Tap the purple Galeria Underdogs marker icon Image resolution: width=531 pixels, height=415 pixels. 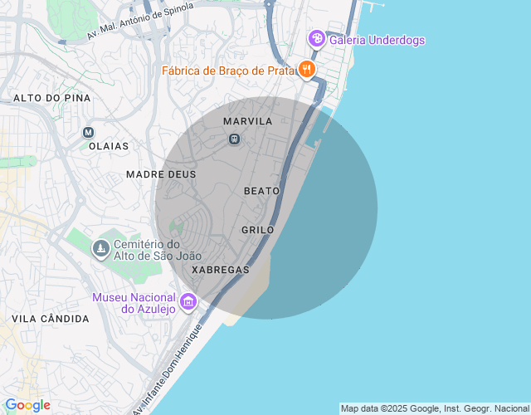(315, 38)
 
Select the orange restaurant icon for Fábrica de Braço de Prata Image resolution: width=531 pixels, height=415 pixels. (307, 70)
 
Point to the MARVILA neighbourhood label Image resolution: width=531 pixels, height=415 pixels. (248, 121)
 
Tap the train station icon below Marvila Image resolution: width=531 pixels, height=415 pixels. (235, 139)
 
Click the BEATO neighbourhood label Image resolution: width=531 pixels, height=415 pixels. (262, 191)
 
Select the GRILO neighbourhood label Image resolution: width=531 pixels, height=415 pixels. (257, 229)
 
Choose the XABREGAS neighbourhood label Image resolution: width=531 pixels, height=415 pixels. (220, 270)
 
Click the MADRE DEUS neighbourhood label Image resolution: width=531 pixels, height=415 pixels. (161, 174)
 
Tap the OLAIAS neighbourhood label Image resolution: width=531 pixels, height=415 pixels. (109, 146)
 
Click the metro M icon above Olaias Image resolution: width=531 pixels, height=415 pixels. (89, 132)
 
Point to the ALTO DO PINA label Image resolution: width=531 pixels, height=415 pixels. (51, 98)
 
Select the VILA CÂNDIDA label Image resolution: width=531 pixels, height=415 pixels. (51, 319)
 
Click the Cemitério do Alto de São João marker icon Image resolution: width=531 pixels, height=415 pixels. (100, 249)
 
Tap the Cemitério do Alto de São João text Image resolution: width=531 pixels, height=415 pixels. (147, 250)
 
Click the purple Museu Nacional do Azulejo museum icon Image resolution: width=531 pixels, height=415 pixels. (188, 301)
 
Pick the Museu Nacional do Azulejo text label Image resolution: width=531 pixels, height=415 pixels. (134, 303)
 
